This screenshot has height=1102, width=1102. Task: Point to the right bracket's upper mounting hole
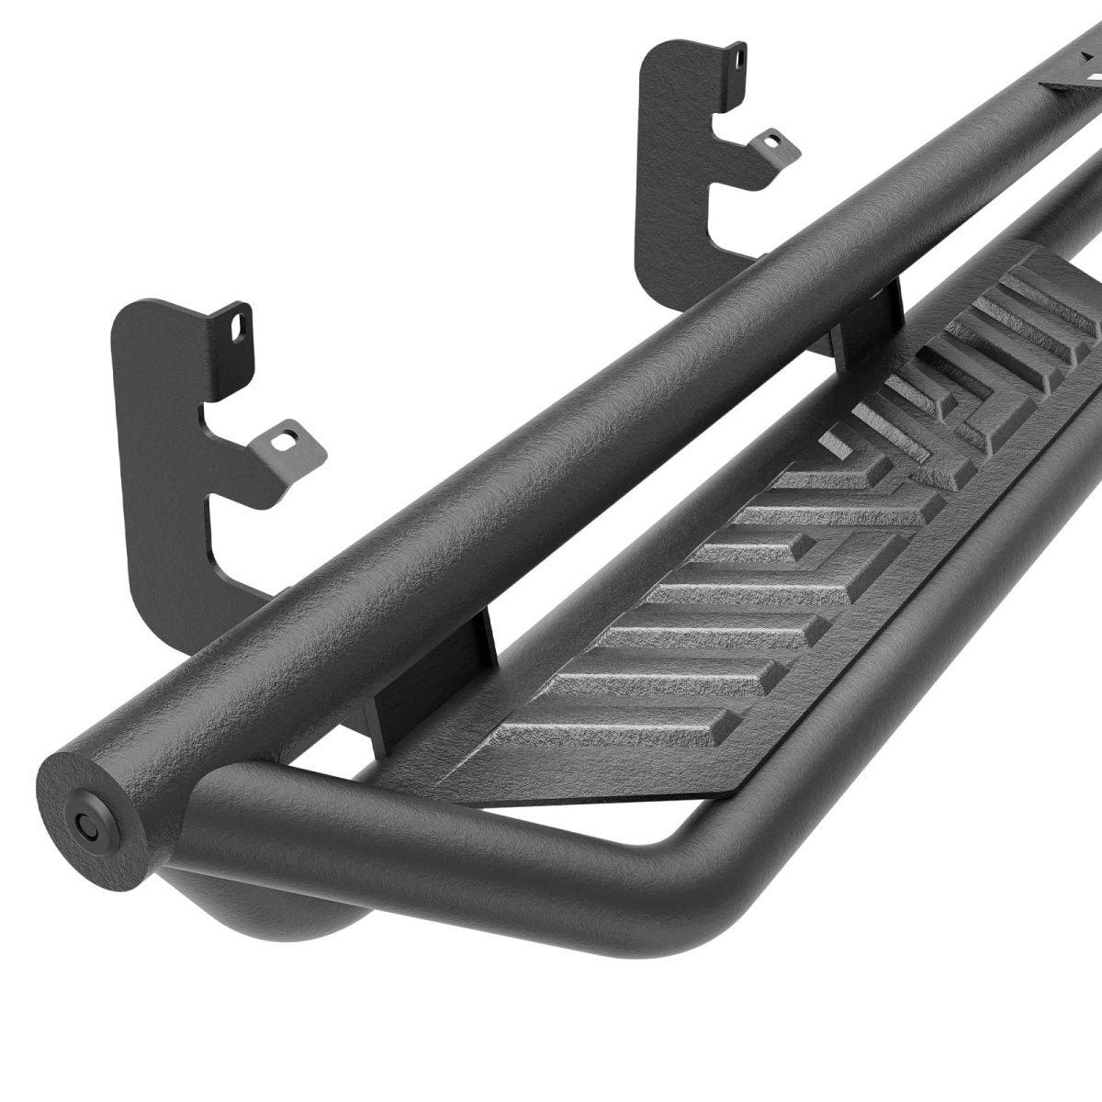(x=737, y=57)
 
